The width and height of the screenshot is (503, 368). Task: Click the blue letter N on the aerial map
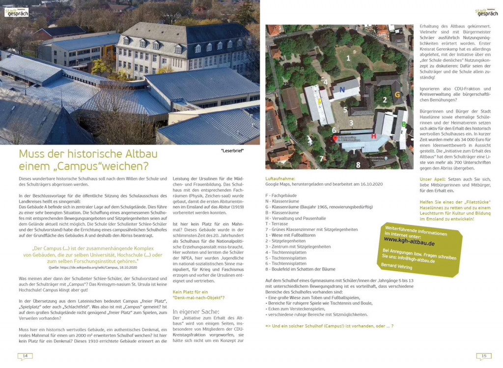pyautogui.click(x=342, y=89)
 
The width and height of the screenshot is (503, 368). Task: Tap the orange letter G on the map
pyautogui.click(x=398, y=94)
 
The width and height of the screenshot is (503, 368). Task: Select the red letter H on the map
pyautogui.click(x=373, y=136)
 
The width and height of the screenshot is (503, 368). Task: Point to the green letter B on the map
pyautogui.click(x=404, y=124)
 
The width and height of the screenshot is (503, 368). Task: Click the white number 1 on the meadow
pyautogui.click(x=348, y=58)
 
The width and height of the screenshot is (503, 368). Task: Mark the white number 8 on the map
pyautogui.click(x=358, y=165)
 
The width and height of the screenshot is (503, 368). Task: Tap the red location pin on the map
pyautogui.click(x=335, y=139)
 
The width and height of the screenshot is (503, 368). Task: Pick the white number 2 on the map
pyautogui.click(x=385, y=100)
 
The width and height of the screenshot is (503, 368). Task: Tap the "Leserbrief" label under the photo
pyautogui.click(x=232, y=150)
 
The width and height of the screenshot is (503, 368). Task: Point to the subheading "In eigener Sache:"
pyautogui.click(x=196, y=311)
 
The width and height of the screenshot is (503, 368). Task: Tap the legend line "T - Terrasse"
pyautogui.click(x=279, y=224)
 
